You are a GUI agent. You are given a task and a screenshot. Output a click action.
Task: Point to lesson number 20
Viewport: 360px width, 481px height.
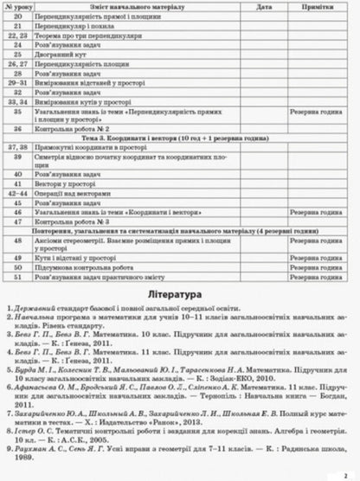click(x=16, y=17)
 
